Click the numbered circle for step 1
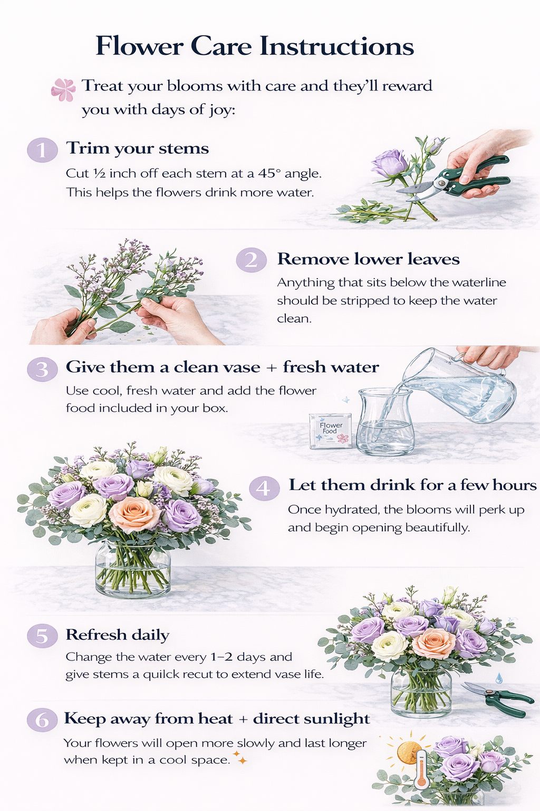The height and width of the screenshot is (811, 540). click(x=42, y=149)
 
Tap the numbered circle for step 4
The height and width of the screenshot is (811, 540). click(x=264, y=488)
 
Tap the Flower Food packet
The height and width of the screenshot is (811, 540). click(x=331, y=431)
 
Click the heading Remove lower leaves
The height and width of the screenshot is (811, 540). click(x=368, y=259)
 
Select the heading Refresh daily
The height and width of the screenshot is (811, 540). click(x=118, y=635)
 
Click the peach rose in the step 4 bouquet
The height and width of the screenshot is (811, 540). click(x=134, y=514)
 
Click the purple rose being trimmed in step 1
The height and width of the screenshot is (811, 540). click(x=390, y=164)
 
